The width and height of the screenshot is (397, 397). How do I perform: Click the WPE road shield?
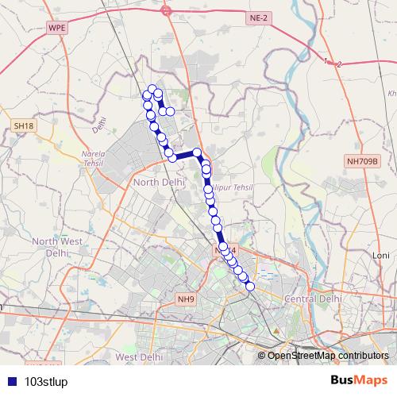pyautogui.click(x=57, y=27)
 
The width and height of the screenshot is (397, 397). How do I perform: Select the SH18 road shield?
pyautogui.click(x=24, y=125)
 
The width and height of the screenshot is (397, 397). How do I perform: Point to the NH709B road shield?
pyautogui.click(x=364, y=161)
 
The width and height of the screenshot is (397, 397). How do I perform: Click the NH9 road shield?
pyautogui.click(x=187, y=299)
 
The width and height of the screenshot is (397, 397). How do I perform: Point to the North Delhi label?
pyautogui.click(x=159, y=182)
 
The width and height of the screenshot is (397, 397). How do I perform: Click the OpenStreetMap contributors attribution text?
pyautogui.click(x=328, y=356)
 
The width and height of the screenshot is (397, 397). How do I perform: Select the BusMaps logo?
pyautogui.click(x=359, y=380)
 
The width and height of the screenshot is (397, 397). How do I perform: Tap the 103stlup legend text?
pyautogui.click(x=46, y=380)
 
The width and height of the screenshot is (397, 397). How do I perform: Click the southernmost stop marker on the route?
pyautogui.click(x=251, y=287)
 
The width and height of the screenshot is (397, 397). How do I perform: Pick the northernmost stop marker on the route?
pyautogui.click(x=152, y=89)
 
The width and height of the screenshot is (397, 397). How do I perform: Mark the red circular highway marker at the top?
pyautogui.click(x=166, y=10)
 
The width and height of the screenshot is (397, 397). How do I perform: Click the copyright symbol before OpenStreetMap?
pyautogui.click(x=262, y=356)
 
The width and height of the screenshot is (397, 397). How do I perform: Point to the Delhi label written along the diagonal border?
pyautogui.click(x=98, y=125)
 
